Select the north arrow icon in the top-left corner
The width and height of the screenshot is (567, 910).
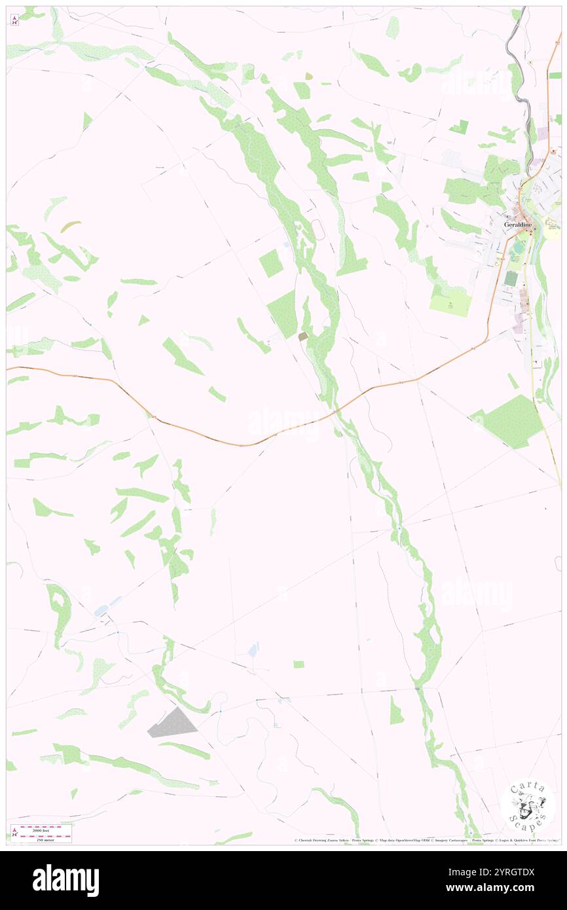pos(14,20)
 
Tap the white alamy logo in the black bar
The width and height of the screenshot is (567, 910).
pos(65,881)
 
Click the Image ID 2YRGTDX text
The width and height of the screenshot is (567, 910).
pos(502,872)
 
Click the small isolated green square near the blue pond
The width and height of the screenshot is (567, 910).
pos(299,664)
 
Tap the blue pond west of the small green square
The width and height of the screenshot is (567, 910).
pos(253,649)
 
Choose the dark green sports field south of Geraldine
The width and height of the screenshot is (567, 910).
pos(511,279)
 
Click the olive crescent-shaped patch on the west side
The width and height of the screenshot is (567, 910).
pos(71,227)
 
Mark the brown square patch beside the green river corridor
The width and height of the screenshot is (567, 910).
pos(302,336)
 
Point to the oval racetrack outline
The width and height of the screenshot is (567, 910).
pos(318,229)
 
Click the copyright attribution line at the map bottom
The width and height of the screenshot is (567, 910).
pos(426,841)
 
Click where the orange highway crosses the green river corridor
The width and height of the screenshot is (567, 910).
pos(337,410)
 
